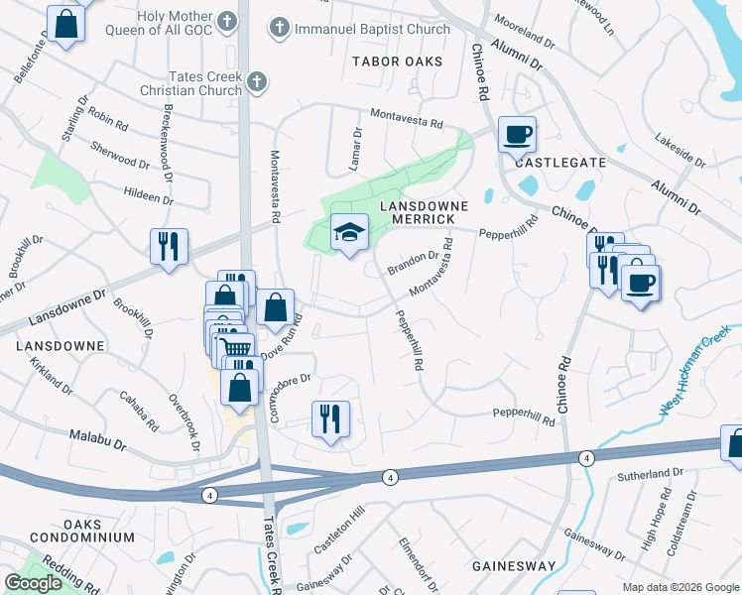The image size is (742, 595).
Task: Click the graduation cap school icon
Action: [x=348, y=233]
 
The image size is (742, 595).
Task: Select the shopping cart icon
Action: [x=234, y=348]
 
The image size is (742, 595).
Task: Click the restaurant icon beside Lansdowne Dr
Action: [x=168, y=244]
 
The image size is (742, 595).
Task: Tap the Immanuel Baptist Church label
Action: [x=372, y=29]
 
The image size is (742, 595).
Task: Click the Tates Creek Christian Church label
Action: [x=205, y=83]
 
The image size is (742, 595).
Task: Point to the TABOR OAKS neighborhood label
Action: [x=397, y=61]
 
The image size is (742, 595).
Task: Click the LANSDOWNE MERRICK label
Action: [x=416, y=212]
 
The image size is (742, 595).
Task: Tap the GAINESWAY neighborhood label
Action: [x=513, y=565]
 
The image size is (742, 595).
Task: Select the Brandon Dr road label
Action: [x=415, y=262]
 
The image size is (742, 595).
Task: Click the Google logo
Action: [x=34, y=583]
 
